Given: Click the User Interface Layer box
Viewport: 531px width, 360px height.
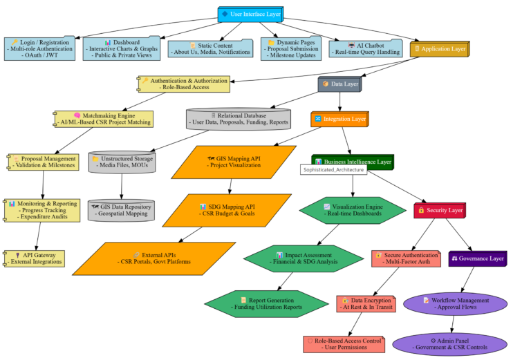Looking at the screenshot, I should pyautogui.click(x=250, y=14).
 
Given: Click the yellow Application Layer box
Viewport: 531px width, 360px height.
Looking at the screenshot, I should pyautogui.click(x=439, y=49).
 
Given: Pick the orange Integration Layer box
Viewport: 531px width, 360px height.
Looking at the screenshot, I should pyautogui.click(x=339, y=120).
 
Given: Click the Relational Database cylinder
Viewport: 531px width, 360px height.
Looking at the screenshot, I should pyautogui.click(x=239, y=119).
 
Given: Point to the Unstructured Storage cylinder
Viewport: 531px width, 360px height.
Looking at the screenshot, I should pyautogui.click(x=122, y=162).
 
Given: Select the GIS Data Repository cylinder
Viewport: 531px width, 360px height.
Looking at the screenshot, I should pyautogui.click(x=122, y=210).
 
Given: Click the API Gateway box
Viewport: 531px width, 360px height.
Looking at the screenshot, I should pyautogui.click(x=35, y=258).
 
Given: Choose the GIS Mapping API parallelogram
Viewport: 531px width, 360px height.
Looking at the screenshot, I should pyautogui.click(x=234, y=162).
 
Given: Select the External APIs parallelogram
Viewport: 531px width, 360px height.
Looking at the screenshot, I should pyautogui.click(x=153, y=258).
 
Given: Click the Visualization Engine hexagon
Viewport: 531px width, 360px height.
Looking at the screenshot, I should pyautogui.click(x=353, y=210).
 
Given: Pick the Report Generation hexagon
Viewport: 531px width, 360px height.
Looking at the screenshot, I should pyautogui.click(x=266, y=303).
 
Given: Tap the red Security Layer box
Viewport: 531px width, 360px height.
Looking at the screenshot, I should pyautogui.click(x=440, y=210).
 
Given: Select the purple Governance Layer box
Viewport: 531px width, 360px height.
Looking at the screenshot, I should pyautogui.click(x=478, y=258).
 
